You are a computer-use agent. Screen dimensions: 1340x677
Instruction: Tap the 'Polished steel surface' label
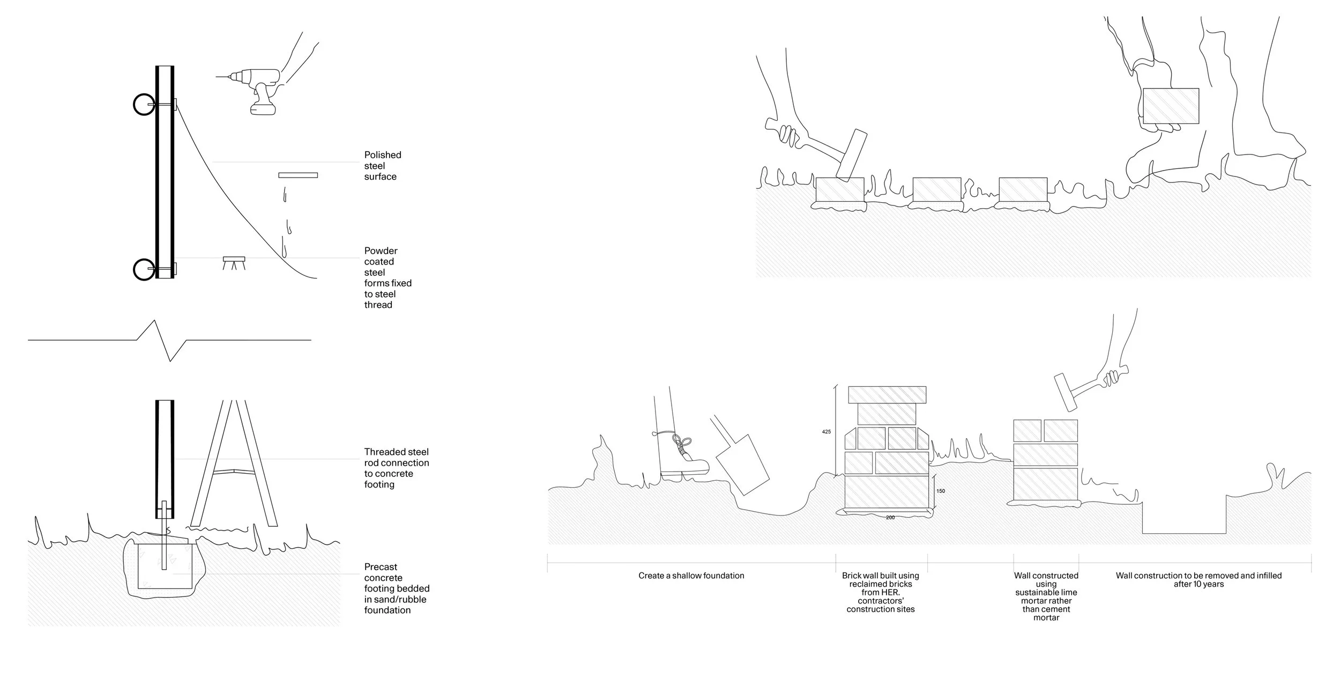[x=382, y=166]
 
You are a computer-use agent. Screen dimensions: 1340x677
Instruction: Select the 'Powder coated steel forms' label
[x=387, y=277]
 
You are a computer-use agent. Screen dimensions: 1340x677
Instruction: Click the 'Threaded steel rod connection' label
[x=396, y=468]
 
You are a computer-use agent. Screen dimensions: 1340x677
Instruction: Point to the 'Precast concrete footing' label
[x=396, y=588]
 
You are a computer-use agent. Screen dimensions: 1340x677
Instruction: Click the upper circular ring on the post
[x=144, y=105]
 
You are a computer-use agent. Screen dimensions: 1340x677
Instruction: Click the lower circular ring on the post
[x=144, y=269]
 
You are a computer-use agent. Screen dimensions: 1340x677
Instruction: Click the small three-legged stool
[x=234, y=262]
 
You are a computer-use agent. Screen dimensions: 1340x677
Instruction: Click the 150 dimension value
[x=941, y=491]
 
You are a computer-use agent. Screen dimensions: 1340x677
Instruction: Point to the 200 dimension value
[x=890, y=518]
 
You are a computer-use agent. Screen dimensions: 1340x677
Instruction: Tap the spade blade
[x=742, y=465]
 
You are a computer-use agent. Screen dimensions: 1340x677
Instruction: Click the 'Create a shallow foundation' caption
[x=691, y=576]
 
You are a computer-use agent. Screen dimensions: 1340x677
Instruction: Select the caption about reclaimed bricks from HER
[x=880, y=592]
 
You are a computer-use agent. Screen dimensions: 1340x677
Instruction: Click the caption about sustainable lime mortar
[x=1046, y=597]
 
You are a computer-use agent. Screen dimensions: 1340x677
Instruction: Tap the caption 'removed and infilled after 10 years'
[x=1198, y=579]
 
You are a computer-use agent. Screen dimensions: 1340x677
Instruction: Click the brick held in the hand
[x=1171, y=106]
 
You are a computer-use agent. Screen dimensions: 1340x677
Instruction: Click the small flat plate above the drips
[x=298, y=175]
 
